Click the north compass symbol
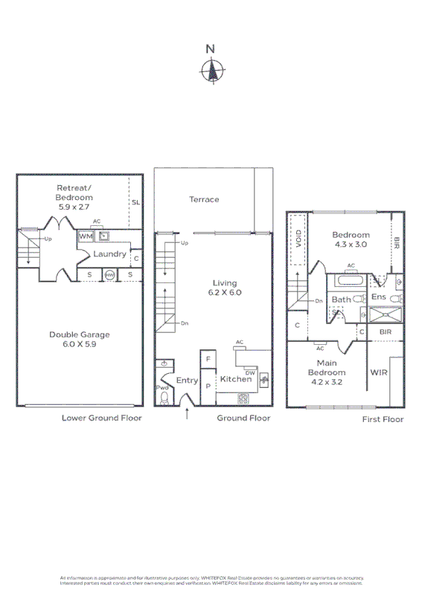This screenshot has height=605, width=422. tap(211, 71)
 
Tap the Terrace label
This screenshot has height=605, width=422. tap(203, 199)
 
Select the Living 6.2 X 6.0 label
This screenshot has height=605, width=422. tap(224, 288)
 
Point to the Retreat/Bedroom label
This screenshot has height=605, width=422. tap(74, 198)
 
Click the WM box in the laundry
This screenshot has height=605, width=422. tap(86, 236)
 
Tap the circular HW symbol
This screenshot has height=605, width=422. tap(109, 275)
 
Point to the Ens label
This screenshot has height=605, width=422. tap(378, 297)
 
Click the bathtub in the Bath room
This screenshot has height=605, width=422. tap(351, 282)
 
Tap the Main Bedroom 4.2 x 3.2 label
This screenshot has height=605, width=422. tap(327, 372)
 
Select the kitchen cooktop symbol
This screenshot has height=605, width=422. tap(244, 398)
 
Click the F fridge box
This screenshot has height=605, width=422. tap(208, 360)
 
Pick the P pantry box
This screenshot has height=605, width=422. tap(208, 386)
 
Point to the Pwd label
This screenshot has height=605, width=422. tap(162, 388)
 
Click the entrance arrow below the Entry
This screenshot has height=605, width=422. tap(186, 413)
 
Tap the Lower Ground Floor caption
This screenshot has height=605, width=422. tap(101, 418)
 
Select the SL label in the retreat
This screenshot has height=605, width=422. tap(135, 202)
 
